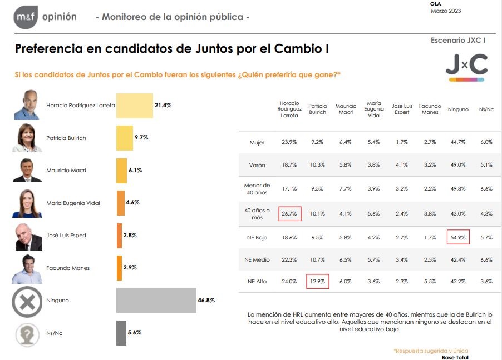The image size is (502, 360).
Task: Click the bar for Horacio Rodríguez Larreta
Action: (134, 106)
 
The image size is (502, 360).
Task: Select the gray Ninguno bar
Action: (156, 301)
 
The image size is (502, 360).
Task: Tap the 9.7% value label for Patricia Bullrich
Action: (141, 138)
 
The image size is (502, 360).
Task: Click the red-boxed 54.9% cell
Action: (458, 237)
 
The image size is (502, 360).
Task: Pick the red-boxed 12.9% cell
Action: (317, 281)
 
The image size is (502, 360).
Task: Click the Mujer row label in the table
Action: (257, 143)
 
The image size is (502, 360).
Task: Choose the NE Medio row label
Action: (257, 259)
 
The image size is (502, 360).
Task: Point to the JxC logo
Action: (466, 67)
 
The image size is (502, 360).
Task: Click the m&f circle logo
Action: (26, 17)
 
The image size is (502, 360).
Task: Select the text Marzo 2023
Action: (446, 11)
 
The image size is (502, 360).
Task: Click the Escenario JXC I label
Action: (458, 41)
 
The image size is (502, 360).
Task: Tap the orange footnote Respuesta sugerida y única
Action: (431, 351)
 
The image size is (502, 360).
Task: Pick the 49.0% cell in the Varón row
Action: (458, 165)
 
